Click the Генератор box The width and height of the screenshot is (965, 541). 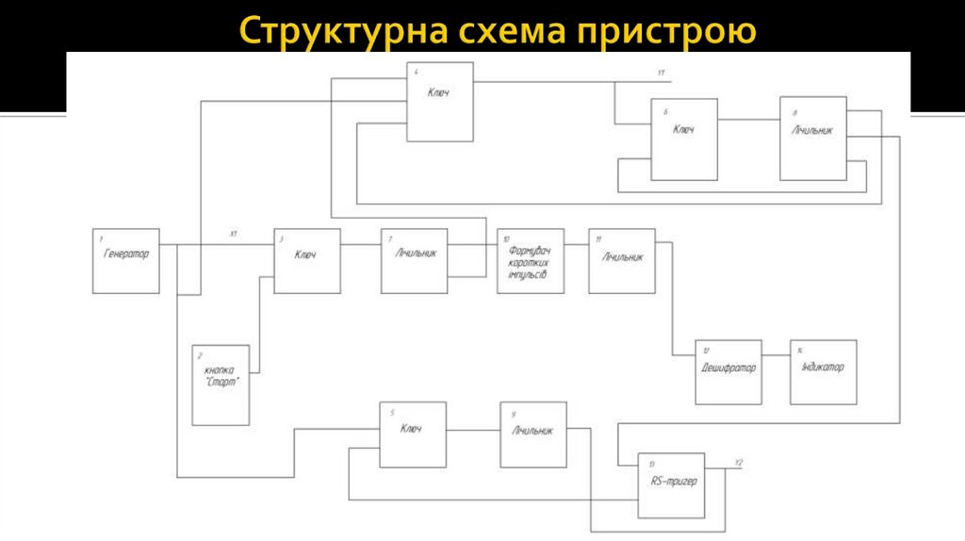pos(126,260)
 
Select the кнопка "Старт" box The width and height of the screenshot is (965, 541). pos(221,384)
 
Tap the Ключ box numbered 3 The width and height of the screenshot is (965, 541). pos(307,260)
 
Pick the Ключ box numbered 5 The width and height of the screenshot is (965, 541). pos(413,434)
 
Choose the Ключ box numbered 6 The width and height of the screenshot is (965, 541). pos(683,139)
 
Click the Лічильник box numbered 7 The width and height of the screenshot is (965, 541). pos(415,260)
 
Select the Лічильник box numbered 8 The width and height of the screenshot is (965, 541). pos(813,139)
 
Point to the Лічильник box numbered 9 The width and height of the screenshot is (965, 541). pos(533,434)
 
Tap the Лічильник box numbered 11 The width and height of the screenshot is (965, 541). pos(622,260)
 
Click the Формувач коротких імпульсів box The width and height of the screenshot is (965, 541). pos(531,260)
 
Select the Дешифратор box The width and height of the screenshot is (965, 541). pos(728,371)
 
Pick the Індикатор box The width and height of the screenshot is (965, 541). pos(824,371)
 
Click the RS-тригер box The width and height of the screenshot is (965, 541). pos(671,485)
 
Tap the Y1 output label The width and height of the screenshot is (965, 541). pos(662,73)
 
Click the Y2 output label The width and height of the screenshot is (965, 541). pos(739,462)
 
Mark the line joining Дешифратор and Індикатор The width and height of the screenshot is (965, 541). pos(776,355)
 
